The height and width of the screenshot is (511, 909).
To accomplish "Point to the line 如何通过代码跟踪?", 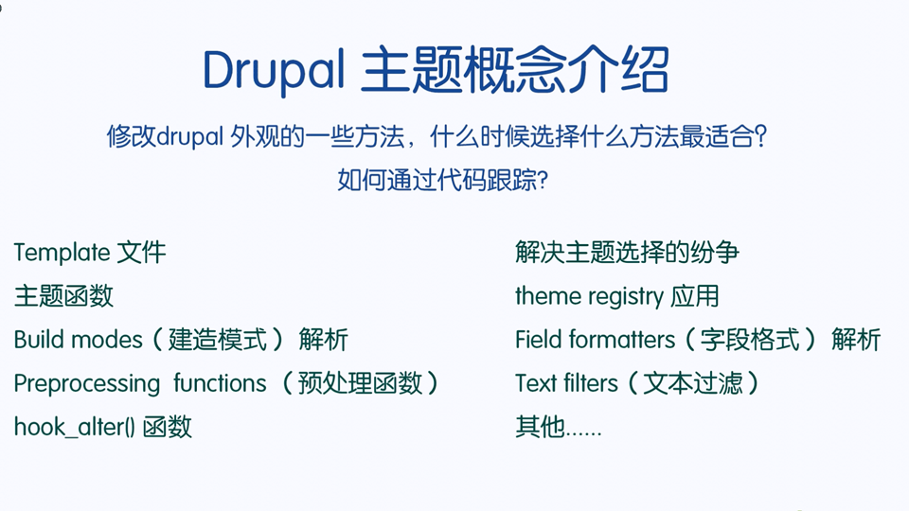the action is (x=442, y=180).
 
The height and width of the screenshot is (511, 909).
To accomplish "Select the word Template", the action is (x=62, y=254).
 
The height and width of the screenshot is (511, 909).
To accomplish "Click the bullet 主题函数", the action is (x=63, y=296).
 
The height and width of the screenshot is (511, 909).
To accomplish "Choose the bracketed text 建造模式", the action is (x=218, y=340).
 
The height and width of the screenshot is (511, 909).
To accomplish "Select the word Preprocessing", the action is (x=87, y=384).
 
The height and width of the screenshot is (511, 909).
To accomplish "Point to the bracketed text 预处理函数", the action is (x=360, y=383).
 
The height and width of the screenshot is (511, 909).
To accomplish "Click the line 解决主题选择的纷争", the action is (x=627, y=253).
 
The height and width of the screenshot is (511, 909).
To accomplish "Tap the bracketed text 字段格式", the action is (x=750, y=340).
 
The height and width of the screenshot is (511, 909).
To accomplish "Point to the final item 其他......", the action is (x=540, y=427).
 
